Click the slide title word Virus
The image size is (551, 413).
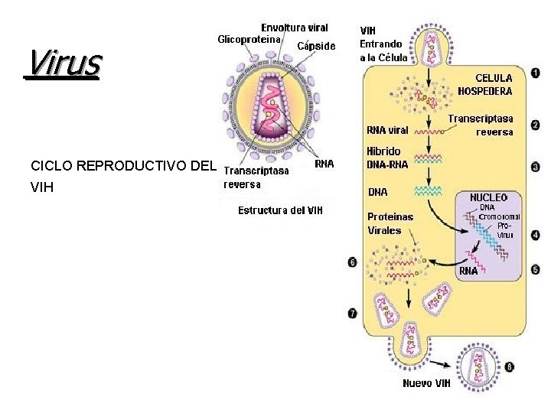(x=63, y=63)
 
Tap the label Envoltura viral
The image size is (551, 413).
(x=295, y=28)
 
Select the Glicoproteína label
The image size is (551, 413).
(x=249, y=39)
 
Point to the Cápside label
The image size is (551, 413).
(x=315, y=46)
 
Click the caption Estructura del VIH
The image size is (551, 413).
(x=280, y=210)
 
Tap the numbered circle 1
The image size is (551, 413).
(x=536, y=73)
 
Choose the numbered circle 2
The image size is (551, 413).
(x=536, y=124)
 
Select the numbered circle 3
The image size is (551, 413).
(x=536, y=166)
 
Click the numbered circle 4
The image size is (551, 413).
(x=536, y=235)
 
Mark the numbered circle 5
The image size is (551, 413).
(x=536, y=269)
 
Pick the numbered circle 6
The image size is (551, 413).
(x=352, y=262)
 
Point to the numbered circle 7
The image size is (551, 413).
(x=352, y=313)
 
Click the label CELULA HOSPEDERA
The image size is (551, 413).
(x=485, y=83)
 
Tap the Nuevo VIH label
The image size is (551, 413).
(x=426, y=383)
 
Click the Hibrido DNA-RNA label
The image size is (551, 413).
(x=387, y=157)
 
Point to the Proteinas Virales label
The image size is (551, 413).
(x=390, y=223)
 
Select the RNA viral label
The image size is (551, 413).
(x=387, y=129)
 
